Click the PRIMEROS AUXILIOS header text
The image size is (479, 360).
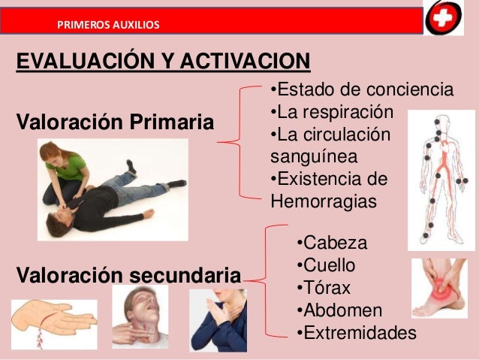click(x=107, y=25)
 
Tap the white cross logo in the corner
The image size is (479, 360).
click(x=444, y=17)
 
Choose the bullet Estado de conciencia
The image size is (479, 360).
click(x=361, y=90)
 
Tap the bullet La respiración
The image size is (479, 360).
click(x=331, y=113)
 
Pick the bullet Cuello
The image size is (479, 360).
click(x=326, y=265)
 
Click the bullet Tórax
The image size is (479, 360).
click(x=324, y=288)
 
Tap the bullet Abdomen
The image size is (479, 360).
click(x=339, y=310)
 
